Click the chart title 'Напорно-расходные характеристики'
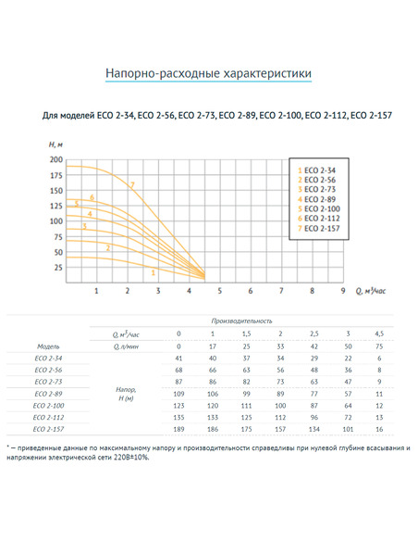click(x=208, y=72)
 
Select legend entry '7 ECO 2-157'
click(x=319, y=228)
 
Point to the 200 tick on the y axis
click(x=57, y=160)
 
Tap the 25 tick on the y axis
click(x=60, y=267)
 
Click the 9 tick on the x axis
click(x=342, y=291)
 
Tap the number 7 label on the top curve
click(x=132, y=186)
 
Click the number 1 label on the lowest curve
click(x=153, y=272)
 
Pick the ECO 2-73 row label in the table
click(x=50, y=381)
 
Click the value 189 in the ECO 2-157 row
click(x=179, y=429)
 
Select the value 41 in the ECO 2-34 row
click(x=179, y=357)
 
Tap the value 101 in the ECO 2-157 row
click(x=348, y=429)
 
